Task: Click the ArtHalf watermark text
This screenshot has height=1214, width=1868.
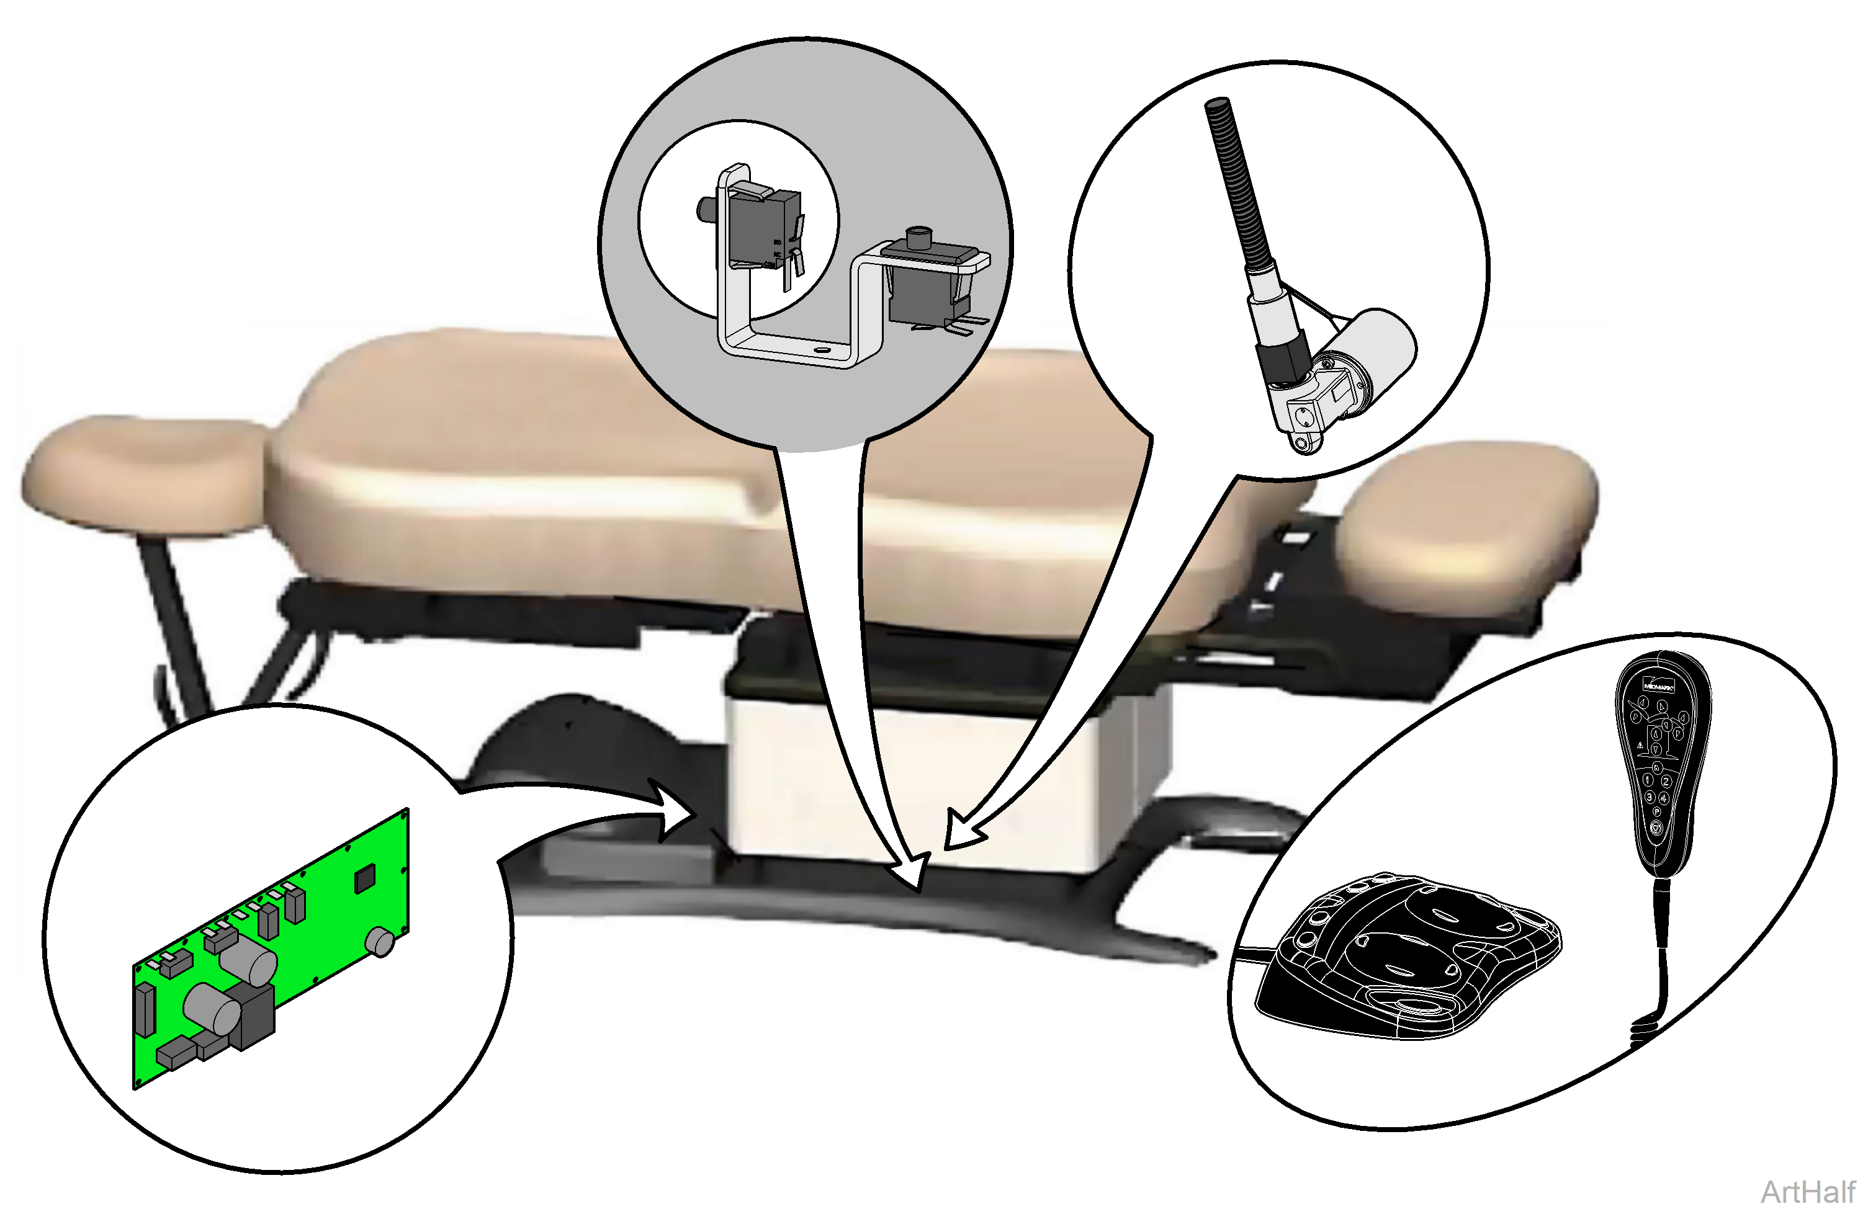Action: [x=1808, y=1191]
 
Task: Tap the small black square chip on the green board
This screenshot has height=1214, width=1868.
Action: [x=365, y=879]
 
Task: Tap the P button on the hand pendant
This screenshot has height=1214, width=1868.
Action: [x=1656, y=812]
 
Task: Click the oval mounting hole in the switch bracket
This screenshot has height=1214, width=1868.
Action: [x=821, y=346]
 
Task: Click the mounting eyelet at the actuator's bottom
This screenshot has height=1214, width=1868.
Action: [x=1303, y=444]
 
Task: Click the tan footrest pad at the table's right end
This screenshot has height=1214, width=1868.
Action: [x=1468, y=526]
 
